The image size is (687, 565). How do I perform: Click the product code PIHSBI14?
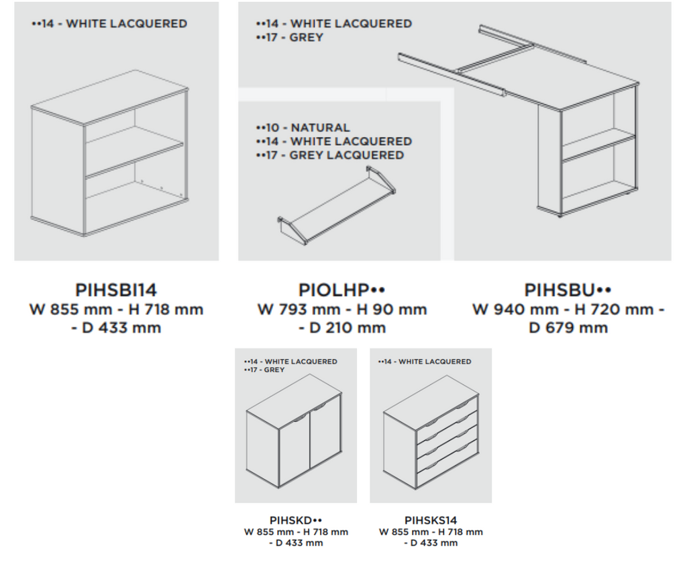(116, 290)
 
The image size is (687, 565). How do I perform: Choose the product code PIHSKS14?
(431, 520)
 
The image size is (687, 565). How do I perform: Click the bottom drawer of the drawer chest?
(446, 466)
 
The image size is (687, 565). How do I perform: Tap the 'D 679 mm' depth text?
(568, 328)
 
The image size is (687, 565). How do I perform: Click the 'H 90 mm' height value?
(392, 309)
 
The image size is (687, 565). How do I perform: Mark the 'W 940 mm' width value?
(515, 309)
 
